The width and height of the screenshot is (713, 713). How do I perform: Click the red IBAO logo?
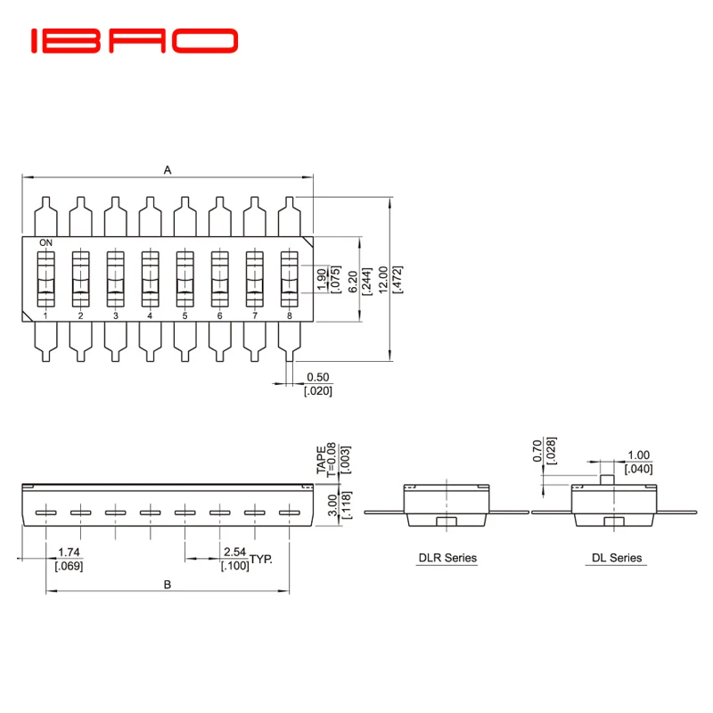pyautogui.click(x=135, y=40)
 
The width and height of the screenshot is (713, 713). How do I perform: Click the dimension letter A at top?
pyautogui.click(x=167, y=169)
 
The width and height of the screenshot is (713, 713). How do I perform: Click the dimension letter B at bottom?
pyautogui.click(x=167, y=585)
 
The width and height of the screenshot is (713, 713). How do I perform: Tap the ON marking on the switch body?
pyautogui.click(x=45, y=242)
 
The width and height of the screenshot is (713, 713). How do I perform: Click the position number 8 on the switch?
pyautogui.click(x=289, y=316)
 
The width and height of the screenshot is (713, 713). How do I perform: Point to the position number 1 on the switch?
pyautogui.click(x=45, y=316)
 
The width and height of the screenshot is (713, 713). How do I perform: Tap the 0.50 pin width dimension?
pyautogui.click(x=317, y=378)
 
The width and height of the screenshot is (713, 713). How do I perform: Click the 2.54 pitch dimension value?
pyautogui.click(x=234, y=553)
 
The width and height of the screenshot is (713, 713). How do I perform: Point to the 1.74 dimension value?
pyautogui.click(x=69, y=553)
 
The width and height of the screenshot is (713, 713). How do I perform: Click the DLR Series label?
pyautogui.click(x=447, y=559)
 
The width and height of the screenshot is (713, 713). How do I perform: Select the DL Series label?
pyautogui.click(x=617, y=559)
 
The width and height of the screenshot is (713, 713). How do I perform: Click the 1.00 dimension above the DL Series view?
pyautogui.click(x=638, y=455)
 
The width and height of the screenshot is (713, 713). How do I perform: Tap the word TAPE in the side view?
pyautogui.click(x=320, y=460)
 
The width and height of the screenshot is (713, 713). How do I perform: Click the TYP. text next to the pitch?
pyautogui.click(x=260, y=559)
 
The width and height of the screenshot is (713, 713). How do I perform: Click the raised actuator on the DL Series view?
pyautogui.click(x=605, y=478)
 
